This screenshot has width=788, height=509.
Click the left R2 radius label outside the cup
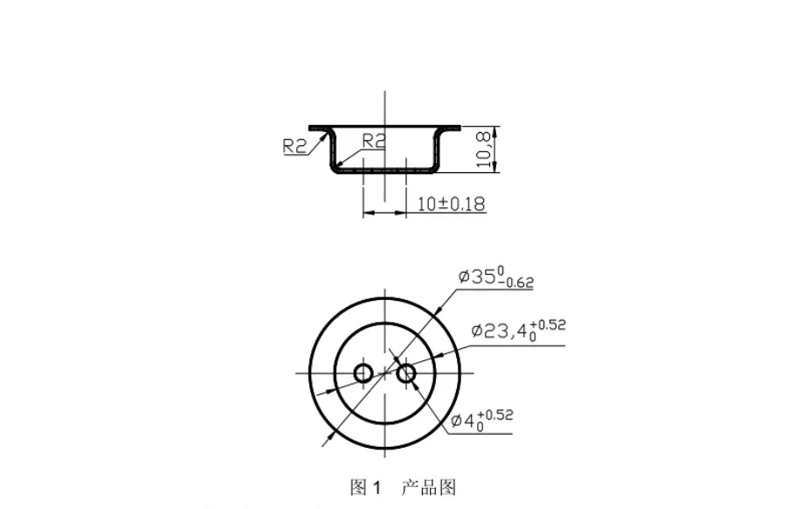tap(295, 146)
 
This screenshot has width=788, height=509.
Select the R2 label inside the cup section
tap(374, 140)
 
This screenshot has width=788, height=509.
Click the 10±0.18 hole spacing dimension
tap(451, 204)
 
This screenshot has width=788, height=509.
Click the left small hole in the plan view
tap(363, 373)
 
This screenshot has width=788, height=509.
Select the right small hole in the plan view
tap(406, 373)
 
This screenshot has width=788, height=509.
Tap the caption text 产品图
tap(428, 487)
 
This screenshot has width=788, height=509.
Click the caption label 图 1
tap(366, 487)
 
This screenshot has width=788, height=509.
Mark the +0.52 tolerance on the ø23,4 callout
tap(548, 325)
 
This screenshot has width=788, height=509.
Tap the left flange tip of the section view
tap(312, 127)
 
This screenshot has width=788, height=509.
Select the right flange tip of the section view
tap(457, 127)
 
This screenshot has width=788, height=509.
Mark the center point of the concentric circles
tap(384, 373)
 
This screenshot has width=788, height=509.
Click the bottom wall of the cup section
tap(384, 170)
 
